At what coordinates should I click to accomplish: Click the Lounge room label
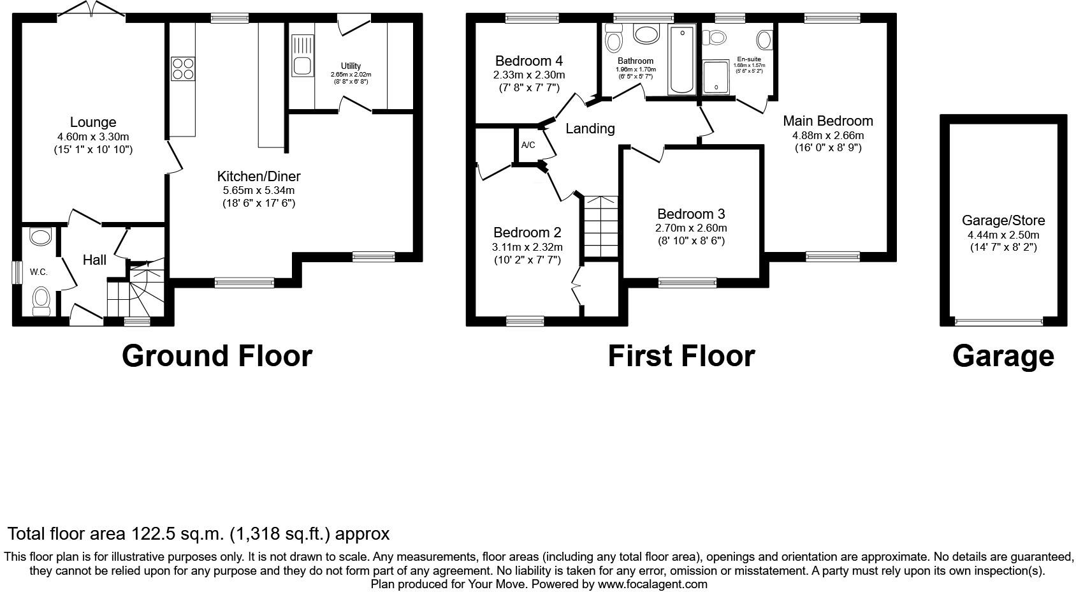[93, 122]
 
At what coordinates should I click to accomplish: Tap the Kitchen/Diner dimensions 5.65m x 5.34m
[259, 191]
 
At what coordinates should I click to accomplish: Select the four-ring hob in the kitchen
[183, 68]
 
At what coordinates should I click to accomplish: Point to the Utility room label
[351, 66]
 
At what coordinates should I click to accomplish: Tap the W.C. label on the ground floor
[39, 272]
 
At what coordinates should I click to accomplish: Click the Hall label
[94, 260]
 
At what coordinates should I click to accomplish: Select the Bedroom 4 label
[528, 61]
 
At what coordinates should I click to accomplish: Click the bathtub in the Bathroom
[681, 61]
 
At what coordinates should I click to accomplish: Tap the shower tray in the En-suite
[716, 77]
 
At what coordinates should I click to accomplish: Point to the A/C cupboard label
[528, 145]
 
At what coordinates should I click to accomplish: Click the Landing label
[590, 129]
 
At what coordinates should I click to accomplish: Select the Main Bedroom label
[828, 121]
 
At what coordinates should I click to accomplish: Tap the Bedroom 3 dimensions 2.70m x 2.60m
[691, 228]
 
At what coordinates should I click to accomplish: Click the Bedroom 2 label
[527, 233]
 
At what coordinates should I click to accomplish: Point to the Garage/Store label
[1003, 221]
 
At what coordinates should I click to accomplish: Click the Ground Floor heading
[217, 356]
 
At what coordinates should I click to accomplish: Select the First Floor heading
[681, 356]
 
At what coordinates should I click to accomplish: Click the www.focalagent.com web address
[652, 584]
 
